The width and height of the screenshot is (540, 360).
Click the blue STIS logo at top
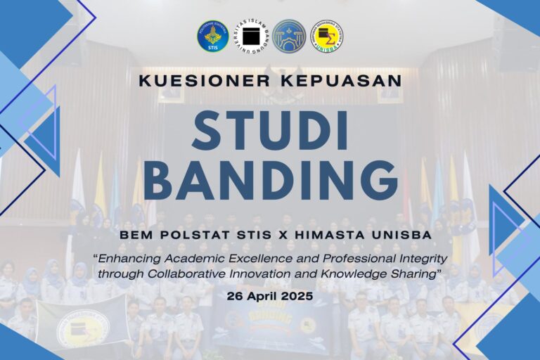(212, 36)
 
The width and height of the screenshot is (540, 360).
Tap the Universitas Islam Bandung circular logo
(251, 36)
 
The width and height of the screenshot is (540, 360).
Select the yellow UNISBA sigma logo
(327, 36)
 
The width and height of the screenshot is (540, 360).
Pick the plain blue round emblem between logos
(289, 36)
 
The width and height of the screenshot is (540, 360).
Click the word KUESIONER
(200, 81)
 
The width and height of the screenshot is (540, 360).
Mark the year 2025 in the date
(298, 296)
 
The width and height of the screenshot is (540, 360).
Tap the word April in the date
(265, 296)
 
